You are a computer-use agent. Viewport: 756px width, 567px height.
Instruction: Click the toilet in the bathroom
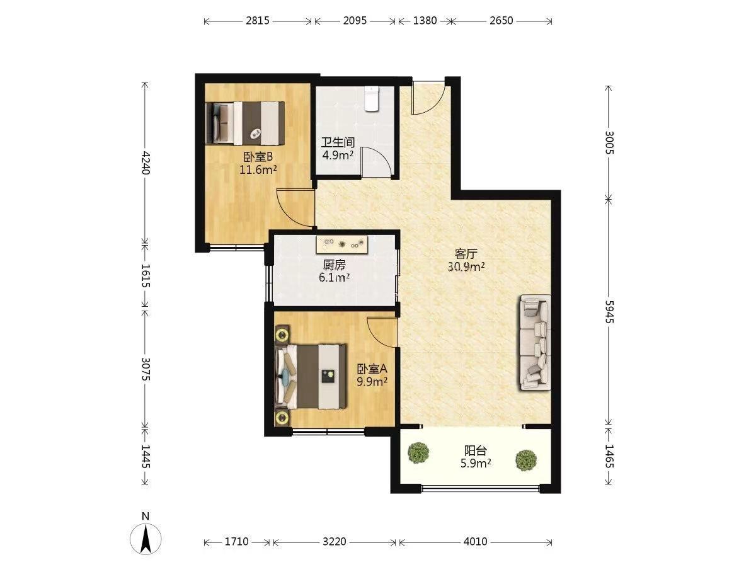tap(372, 98)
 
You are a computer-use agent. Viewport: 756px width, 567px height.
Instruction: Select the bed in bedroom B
tap(245, 123)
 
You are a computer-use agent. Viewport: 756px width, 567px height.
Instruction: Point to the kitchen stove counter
tap(342, 244)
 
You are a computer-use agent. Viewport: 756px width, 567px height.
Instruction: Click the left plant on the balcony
tap(418, 452)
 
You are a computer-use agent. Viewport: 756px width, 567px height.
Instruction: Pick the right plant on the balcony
tap(526, 460)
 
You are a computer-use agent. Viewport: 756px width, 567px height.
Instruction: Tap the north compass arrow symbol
tap(146, 538)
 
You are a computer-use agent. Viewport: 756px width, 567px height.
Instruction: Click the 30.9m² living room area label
tap(466, 266)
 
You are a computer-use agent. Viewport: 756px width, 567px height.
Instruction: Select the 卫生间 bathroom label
tap(338, 142)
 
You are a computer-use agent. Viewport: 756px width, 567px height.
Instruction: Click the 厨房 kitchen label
tap(334, 265)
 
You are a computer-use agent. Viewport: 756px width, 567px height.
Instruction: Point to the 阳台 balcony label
tap(476, 450)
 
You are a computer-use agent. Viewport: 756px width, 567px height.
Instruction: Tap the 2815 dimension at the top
tap(258, 21)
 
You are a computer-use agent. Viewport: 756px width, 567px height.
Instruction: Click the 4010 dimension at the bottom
tap(475, 542)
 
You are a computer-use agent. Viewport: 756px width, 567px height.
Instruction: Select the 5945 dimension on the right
tap(609, 312)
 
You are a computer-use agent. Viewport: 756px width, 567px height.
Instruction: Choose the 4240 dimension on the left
tap(146, 163)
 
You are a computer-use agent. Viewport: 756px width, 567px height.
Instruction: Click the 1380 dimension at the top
tap(425, 21)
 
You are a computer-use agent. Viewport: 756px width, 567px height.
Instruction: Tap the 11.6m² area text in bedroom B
tap(258, 169)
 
